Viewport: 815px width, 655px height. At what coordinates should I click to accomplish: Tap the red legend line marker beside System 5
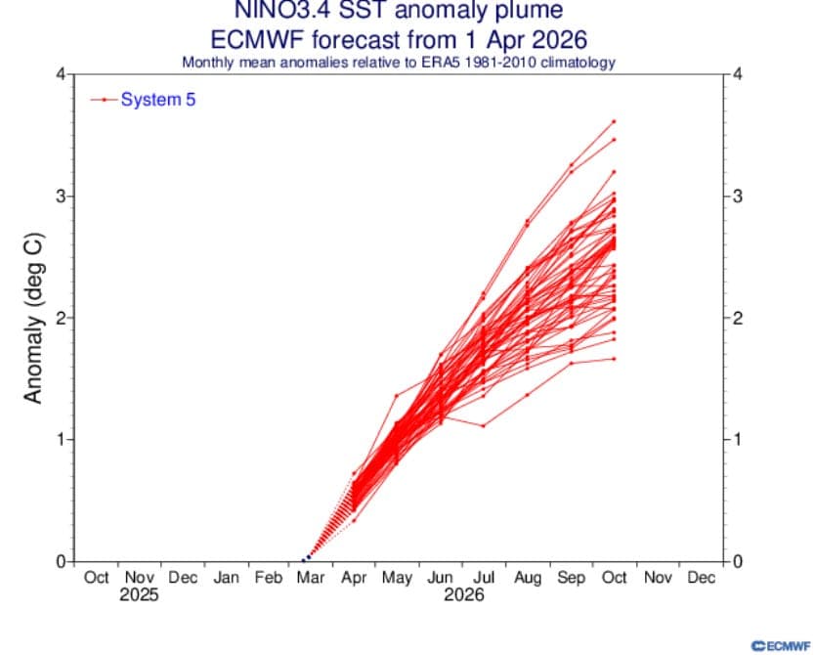coord(104,100)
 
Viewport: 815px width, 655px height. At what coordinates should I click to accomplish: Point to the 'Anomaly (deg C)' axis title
coord(32,319)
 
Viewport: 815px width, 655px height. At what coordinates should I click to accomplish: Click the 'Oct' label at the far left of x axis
coord(96,578)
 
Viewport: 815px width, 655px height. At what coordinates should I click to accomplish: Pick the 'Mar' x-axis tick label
coord(312,578)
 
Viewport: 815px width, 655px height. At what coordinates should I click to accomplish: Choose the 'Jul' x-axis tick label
coord(484,578)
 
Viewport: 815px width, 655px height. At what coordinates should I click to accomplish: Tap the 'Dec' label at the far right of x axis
coord(701,578)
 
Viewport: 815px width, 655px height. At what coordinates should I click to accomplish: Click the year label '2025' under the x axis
coord(139,595)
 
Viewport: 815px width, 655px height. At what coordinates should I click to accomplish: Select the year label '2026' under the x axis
coord(463,595)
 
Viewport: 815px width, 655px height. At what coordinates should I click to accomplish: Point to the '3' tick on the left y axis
coord(59,196)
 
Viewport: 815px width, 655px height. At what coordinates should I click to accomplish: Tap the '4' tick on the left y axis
coord(59,74)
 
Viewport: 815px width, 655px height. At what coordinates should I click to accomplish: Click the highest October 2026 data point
coord(614,121)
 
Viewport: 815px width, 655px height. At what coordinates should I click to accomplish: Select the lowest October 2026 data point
coord(614,359)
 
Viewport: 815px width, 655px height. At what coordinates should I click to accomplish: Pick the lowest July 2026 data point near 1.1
coord(483,425)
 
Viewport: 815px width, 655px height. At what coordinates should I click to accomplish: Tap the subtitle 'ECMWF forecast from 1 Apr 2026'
coord(399,40)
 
